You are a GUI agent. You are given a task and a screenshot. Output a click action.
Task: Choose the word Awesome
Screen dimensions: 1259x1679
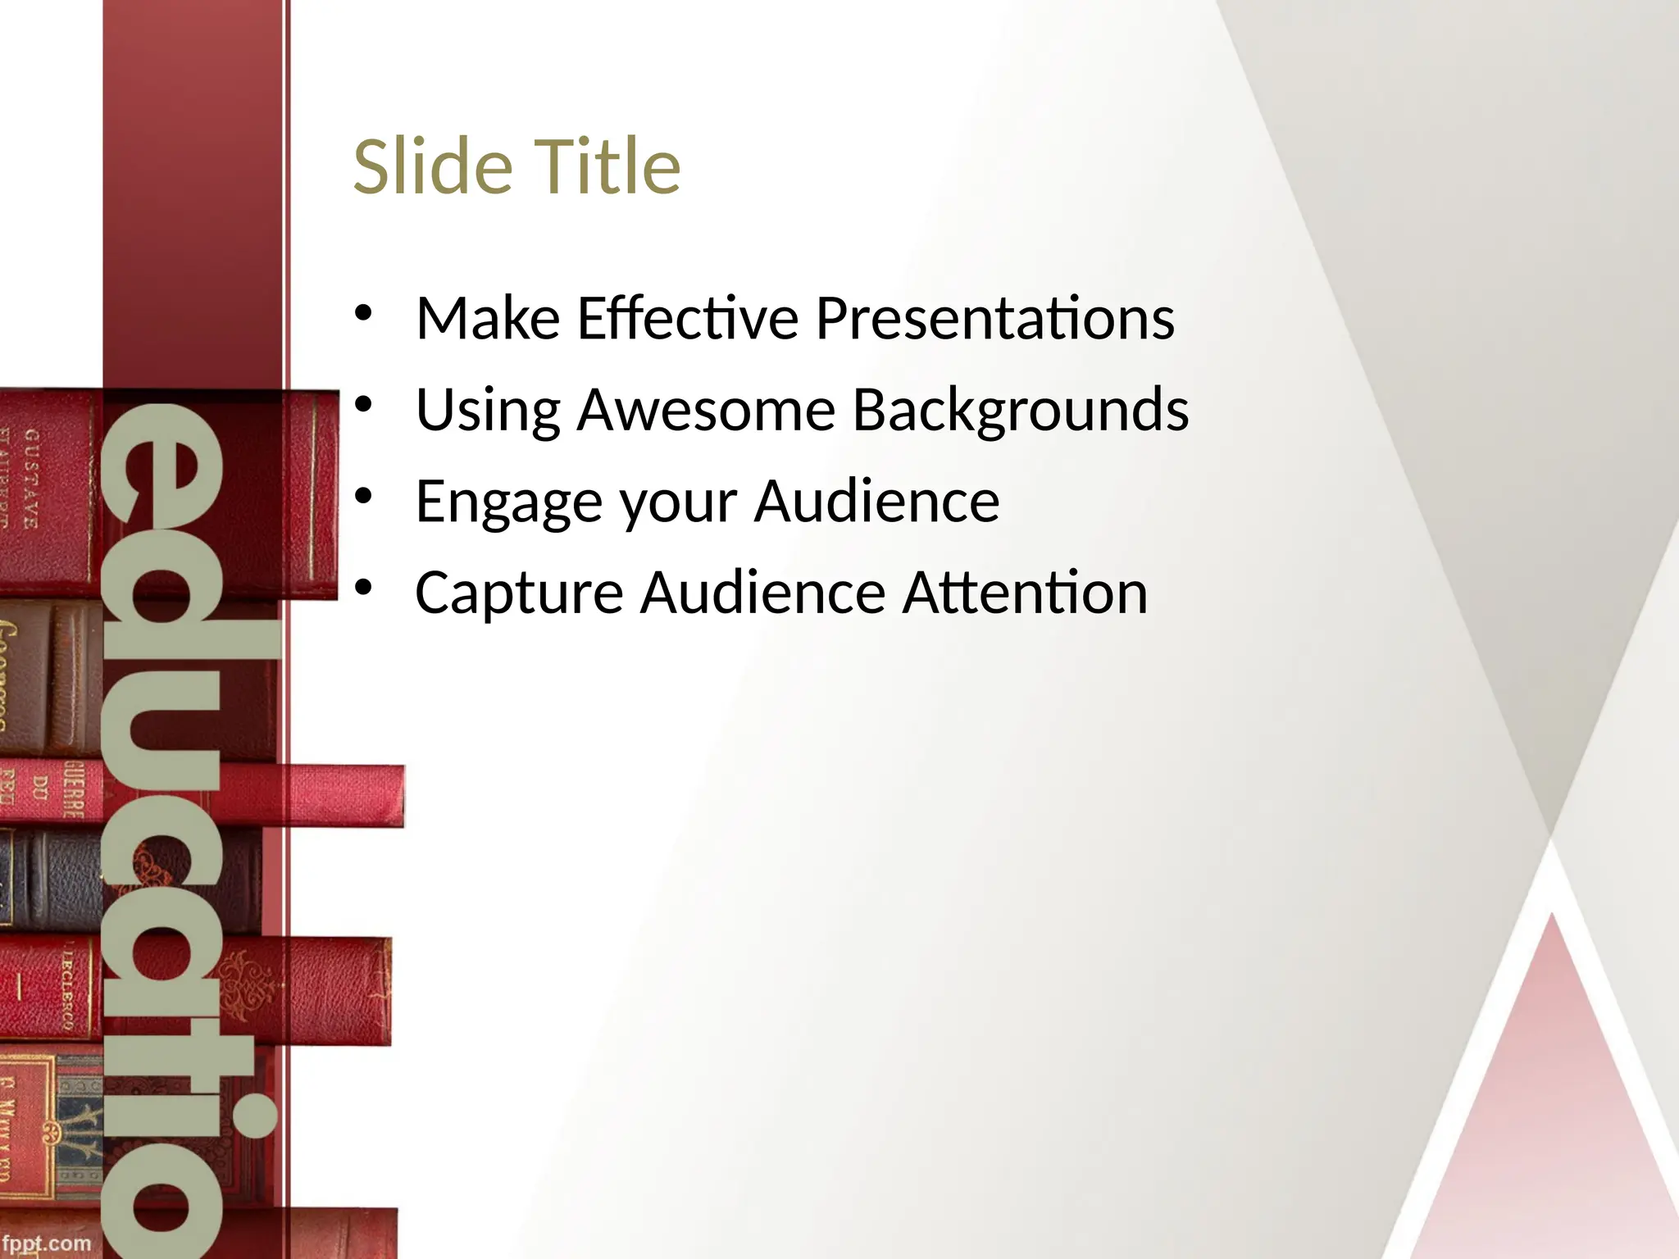point(706,410)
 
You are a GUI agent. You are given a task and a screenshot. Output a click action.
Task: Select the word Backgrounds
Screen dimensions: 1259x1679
point(1021,410)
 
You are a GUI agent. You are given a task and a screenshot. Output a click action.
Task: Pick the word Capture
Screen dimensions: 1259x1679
point(519,593)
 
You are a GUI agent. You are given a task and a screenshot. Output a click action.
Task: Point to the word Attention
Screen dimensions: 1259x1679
point(1025,593)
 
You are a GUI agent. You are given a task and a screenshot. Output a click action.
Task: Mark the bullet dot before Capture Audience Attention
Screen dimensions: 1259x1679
point(364,588)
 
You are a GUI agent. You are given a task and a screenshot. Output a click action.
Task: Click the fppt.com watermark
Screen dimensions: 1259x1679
point(46,1243)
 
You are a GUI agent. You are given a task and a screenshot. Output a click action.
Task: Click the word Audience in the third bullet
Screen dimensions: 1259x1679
point(876,502)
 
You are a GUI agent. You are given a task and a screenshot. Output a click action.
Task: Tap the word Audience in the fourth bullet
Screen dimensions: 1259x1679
point(763,593)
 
